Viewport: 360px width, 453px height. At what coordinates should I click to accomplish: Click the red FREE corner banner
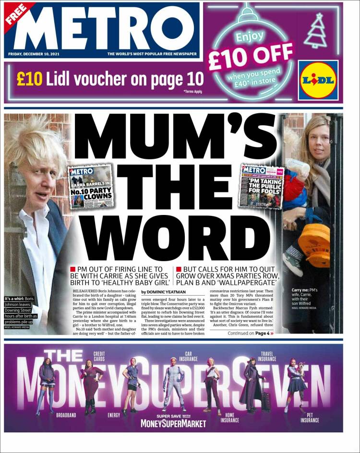(15, 15)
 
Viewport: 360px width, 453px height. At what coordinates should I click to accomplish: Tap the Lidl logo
(318, 80)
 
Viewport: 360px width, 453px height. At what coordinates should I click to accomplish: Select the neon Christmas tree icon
(316, 30)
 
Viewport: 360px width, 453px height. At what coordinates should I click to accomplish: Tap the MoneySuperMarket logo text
(173, 424)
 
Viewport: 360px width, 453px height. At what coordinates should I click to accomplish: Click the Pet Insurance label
(309, 417)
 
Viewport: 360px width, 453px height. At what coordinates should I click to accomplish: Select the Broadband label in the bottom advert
(66, 415)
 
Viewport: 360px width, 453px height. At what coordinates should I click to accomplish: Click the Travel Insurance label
(267, 356)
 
